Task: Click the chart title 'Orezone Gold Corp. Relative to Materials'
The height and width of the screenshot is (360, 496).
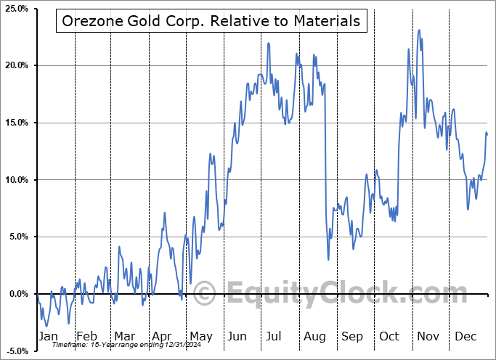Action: [211, 22]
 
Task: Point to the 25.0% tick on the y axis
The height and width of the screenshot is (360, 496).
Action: [16, 9]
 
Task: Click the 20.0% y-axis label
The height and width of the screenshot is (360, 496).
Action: [16, 66]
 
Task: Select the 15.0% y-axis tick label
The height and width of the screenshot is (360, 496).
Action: [16, 123]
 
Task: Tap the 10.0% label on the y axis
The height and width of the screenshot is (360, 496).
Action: [16, 180]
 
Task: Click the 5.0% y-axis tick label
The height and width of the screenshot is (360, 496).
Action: [17, 237]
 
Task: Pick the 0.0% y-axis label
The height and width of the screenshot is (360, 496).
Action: [17, 294]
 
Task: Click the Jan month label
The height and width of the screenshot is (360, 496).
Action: [48, 336]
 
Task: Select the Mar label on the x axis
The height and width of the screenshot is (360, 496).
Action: [124, 336]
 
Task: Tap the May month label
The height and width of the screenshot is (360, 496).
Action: [200, 336]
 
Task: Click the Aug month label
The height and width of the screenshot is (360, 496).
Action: [314, 336]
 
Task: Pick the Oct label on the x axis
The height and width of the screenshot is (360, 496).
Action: [390, 336]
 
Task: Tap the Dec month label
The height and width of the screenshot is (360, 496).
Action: [465, 336]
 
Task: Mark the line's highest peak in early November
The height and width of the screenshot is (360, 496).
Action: [419, 30]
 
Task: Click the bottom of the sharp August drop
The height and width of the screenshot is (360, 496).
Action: [328, 259]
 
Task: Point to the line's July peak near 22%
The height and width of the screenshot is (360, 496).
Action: [268, 43]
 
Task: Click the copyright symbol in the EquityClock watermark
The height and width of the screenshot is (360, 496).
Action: [206, 294]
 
